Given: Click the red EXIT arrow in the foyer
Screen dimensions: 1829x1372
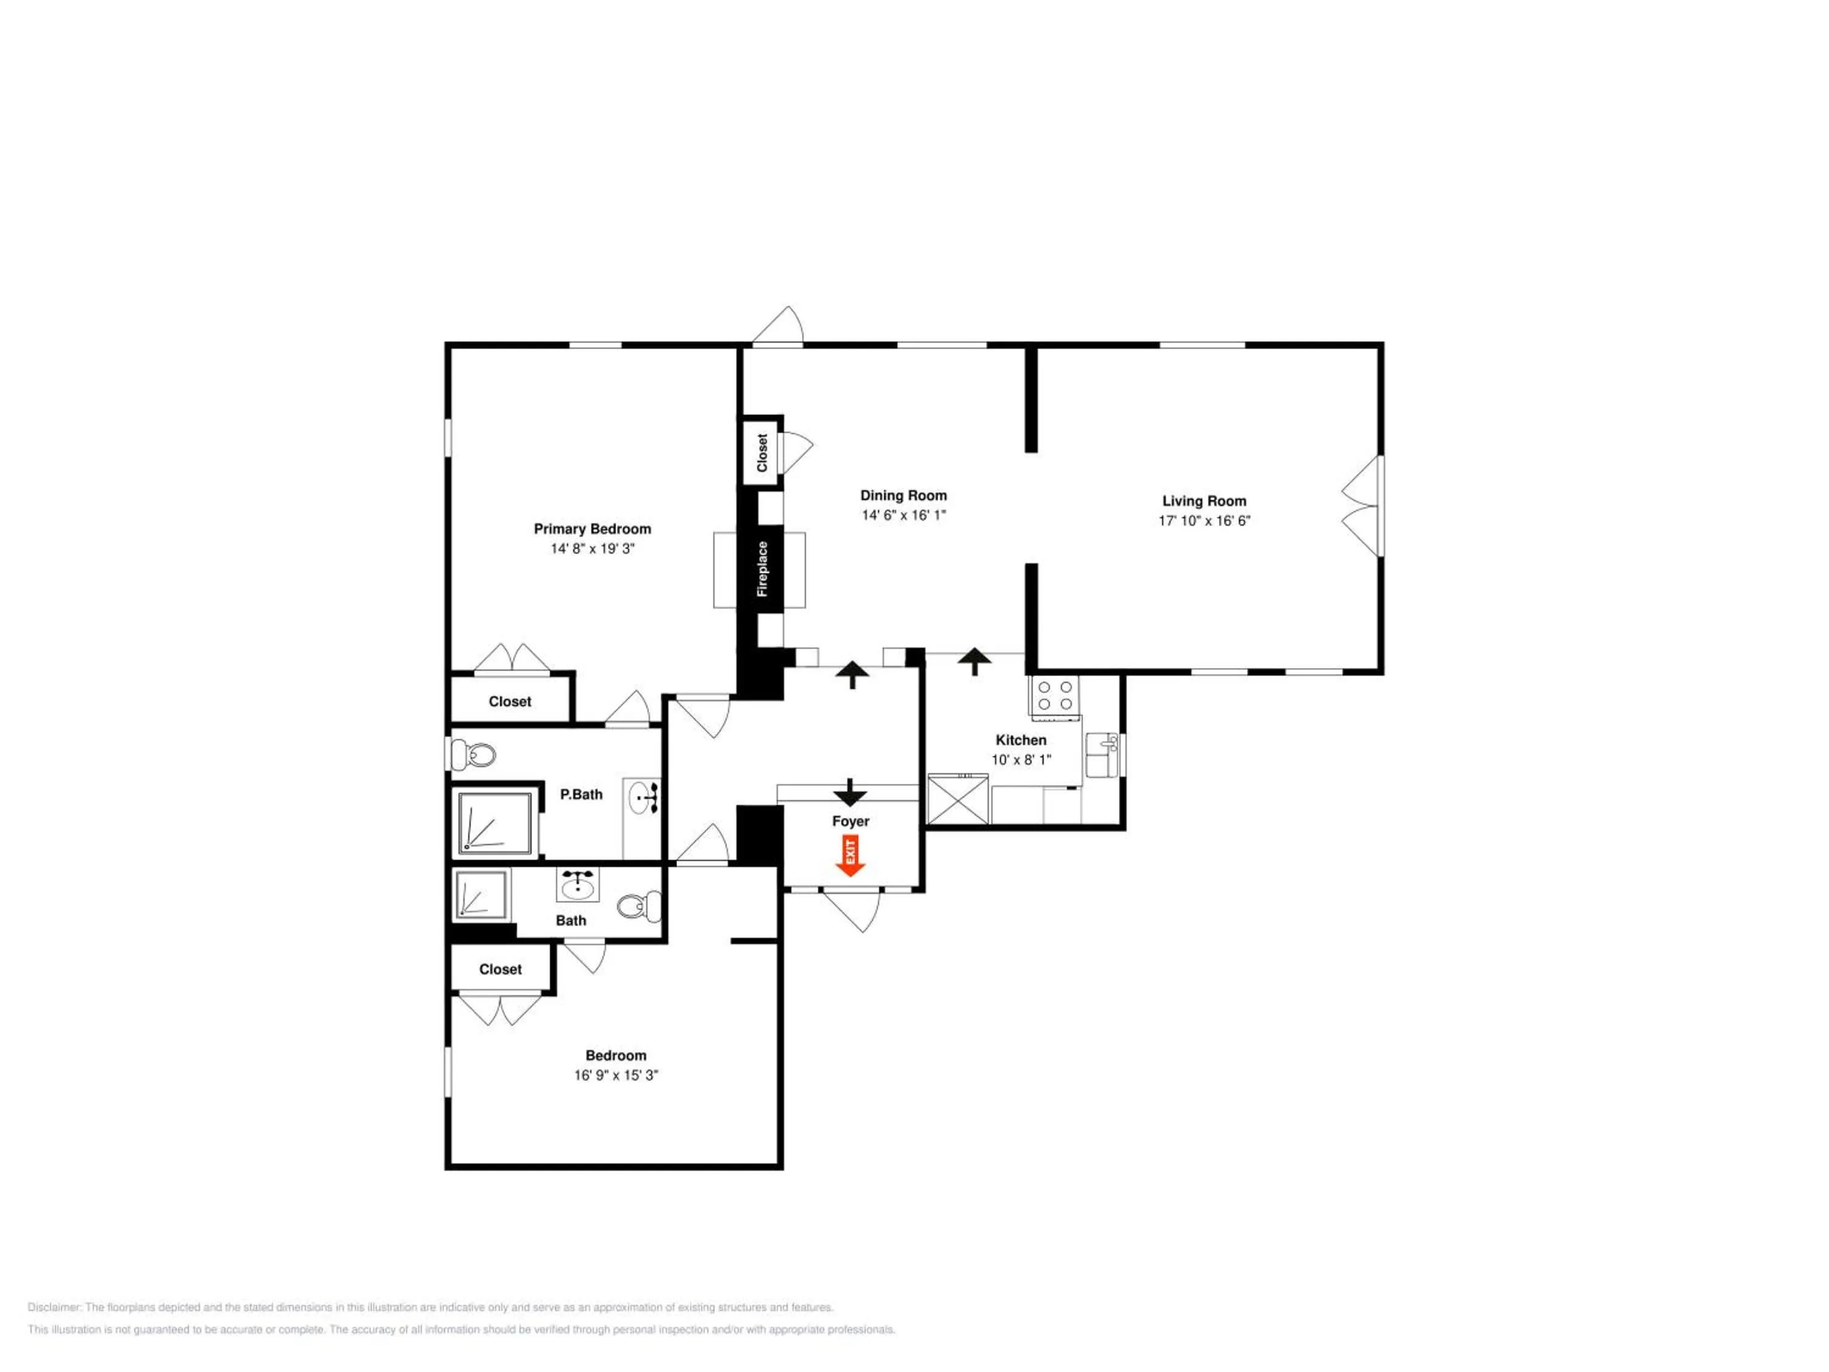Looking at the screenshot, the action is [850, 855].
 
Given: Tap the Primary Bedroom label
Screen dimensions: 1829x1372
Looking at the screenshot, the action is [592, 529].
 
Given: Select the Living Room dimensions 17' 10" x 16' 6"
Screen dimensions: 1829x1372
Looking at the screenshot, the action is [1204, 520].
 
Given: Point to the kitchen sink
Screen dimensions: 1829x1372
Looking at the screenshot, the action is [1102, 754].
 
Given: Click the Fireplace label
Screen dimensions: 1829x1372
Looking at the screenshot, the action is [762, 568].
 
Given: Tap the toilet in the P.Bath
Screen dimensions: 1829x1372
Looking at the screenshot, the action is [473, 754].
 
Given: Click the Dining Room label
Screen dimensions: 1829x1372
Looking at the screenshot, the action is [903, 495].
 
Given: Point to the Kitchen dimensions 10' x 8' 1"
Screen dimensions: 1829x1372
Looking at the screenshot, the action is [1021, 759].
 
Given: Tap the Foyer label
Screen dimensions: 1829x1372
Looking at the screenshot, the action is [851, 821].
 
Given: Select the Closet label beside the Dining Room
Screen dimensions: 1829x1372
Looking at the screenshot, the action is [762, 452].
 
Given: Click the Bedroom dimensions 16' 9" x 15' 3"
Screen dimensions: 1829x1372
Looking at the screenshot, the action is [616, 1075].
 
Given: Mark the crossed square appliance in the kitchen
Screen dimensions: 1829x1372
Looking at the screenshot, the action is [958, 799].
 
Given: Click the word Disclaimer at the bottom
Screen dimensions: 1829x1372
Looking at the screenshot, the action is [55, 1307].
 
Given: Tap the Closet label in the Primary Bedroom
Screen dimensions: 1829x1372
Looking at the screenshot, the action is [509, 701].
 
